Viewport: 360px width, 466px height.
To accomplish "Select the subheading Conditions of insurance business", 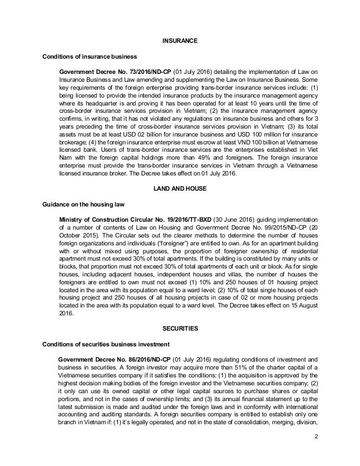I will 89,57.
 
